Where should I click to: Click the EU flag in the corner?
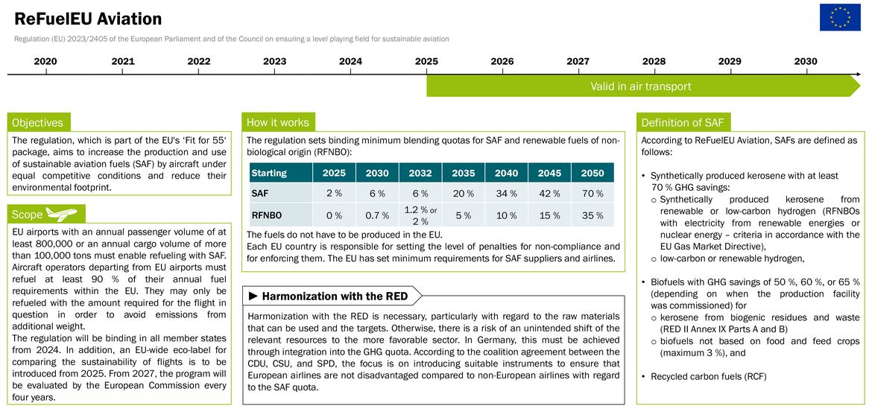pos(835,17)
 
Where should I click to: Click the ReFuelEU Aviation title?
pos(88,19)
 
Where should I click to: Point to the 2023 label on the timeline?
pos(275,61)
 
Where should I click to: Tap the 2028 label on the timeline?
pos(654,61)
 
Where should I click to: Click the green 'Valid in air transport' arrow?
pos(643,86)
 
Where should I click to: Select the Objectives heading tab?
pos(38,122)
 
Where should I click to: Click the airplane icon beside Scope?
pos(61,213)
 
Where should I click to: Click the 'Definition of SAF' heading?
pos(683,122)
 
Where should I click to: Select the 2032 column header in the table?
pos(420,173)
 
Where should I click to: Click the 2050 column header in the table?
pos(593,173)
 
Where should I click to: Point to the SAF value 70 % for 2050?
pos(593,194)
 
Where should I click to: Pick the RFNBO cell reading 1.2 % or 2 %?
pos(420,215)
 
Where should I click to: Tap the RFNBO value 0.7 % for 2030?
pos(377,215)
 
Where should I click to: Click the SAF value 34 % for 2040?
pos(506,194)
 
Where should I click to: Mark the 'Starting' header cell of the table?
pos(269,173)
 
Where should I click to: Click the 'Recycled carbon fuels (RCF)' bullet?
pos(709,377)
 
